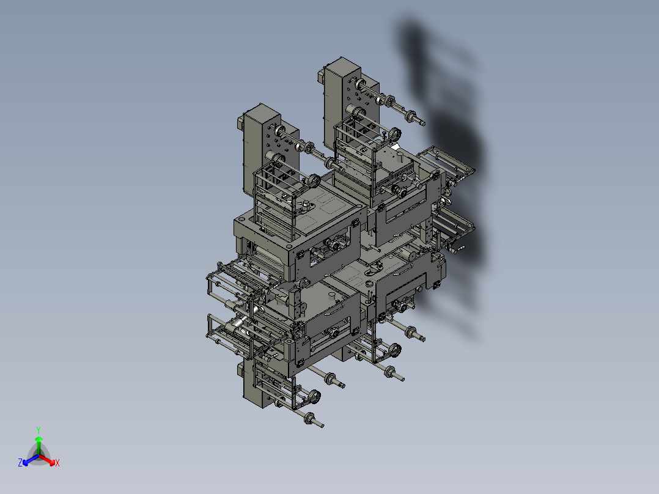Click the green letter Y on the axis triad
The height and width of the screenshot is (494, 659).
pos(39,430)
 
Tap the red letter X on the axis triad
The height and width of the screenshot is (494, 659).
pos(57,463)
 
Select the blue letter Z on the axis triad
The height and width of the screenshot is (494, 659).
pos(20,462)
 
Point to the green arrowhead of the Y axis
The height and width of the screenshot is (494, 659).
pos(39,439)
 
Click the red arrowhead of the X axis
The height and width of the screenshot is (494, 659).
pos(52,462)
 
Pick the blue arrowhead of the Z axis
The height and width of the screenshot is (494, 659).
pos(25,462)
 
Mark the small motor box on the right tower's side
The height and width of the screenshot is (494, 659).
pos(321,78)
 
